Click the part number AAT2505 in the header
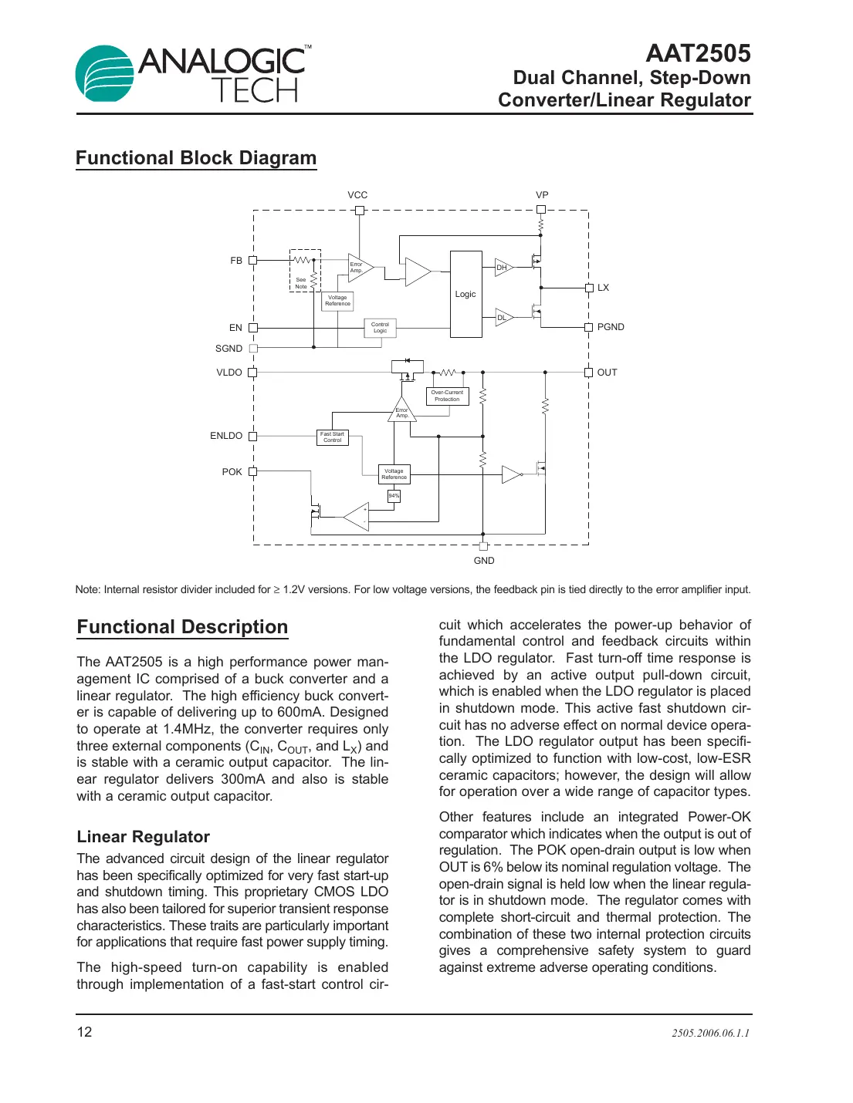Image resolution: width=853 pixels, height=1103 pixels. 697,53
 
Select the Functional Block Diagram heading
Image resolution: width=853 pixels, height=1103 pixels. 196,158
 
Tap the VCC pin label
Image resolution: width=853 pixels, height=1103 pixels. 357,195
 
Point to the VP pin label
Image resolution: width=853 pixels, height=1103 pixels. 542,195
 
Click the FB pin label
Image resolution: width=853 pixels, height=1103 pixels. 236,261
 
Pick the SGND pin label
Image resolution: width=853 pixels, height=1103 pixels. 228,349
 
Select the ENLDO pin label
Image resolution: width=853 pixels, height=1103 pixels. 226,436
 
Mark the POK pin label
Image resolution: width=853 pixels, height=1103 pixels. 232,472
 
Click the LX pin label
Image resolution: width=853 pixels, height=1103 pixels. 603,288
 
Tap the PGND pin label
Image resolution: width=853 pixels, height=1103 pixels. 611,327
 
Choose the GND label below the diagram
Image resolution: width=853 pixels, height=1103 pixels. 484,561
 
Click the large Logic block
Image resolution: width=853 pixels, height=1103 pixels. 465,294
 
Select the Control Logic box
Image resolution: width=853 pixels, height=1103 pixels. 380,328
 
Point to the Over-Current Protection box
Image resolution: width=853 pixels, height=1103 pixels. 447,396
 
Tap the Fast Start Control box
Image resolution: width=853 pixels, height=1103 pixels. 333,437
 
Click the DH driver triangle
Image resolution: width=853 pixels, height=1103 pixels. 503,268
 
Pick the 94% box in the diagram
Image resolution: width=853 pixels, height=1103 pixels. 394,496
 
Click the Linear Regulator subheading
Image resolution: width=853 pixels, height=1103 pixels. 144,837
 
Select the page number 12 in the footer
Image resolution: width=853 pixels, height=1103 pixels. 84,1032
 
